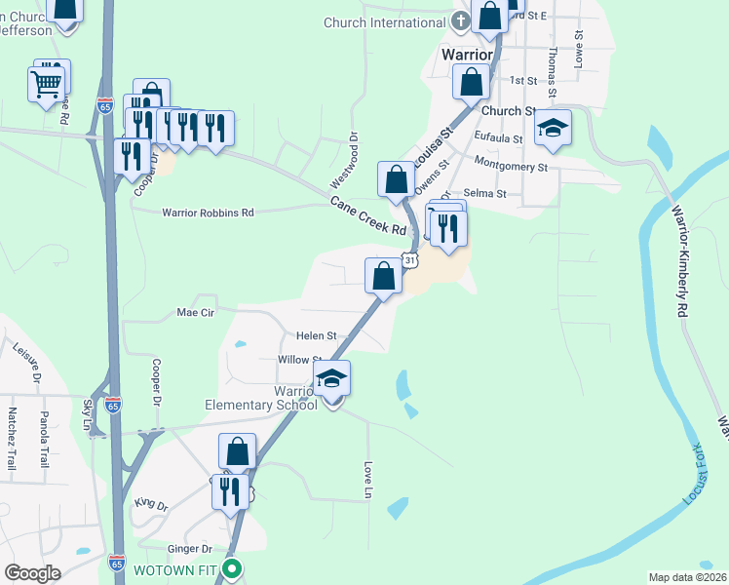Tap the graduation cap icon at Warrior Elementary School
(x=331, y=378)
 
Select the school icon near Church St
(x=553, y=129)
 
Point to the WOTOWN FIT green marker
(x=231, y=568)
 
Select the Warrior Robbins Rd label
(x=208, y=212)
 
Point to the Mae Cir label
(x=195, y=313)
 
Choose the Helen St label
(x=316, y=336)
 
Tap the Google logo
(x=32, y=573)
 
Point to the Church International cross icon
(x=463, y=21)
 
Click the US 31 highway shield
(x=410, y=261)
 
